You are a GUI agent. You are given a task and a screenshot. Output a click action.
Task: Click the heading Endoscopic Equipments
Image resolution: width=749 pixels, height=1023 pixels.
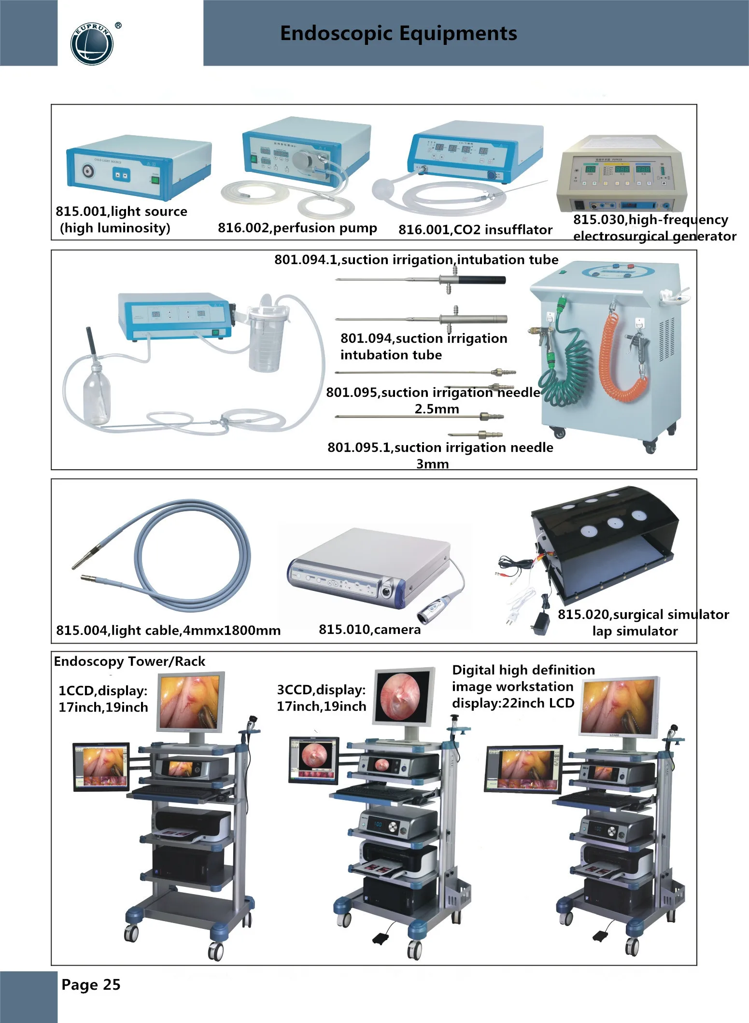pyautogui.click(x=398, y=33)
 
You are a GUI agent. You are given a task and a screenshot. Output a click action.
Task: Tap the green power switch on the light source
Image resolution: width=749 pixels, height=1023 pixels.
pyautogui.click(x=155, y=181)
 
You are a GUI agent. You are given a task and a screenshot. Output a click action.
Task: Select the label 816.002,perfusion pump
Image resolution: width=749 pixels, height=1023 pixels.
pyautogui.click(x=297, y=228)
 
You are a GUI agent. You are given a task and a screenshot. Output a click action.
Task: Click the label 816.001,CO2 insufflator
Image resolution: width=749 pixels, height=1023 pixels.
pyautogui.click(x=475, y=230)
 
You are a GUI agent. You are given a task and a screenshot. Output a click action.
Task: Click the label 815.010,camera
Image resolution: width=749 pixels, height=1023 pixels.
pyautogui.click(x=369, y=630)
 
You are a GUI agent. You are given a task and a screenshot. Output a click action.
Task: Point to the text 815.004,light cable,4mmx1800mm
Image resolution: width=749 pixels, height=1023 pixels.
pyautogui.click(x=168, y=631)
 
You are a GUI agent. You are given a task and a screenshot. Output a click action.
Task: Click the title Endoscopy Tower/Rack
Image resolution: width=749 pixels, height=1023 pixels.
pyautogui.click(x=129, y=661)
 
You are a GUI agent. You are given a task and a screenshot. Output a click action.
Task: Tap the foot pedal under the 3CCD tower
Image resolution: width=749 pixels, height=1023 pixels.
pyautogui.click(x=384, y=939)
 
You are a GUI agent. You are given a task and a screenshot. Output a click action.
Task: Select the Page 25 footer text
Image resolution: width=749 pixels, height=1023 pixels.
pyautogui.click(x=91, y=985)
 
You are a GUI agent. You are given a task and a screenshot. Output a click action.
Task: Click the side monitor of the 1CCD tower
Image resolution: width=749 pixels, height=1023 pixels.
pyautogui.click(x=101, y=767)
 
